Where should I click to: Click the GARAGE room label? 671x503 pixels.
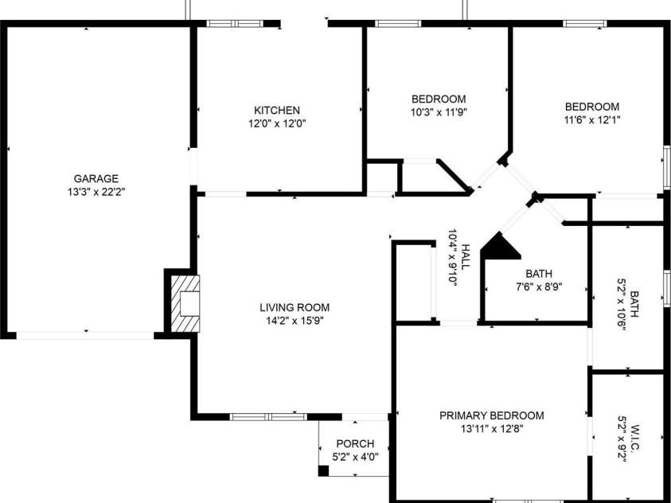(96, 178)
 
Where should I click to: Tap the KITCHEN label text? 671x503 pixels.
(277, 111)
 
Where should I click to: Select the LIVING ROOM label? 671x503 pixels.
(295, 307)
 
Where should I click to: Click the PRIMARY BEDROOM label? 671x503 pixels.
(492, 415)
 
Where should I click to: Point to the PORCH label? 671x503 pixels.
(355, 443)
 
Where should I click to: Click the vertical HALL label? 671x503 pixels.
(465, 256)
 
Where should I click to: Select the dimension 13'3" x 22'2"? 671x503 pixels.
(96, 192)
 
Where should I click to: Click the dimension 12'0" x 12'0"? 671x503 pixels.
(277, 124)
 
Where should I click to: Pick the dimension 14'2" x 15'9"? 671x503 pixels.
(295, 321)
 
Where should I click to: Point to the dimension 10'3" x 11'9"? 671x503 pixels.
(439, 112)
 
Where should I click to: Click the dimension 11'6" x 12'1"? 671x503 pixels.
(592, 119)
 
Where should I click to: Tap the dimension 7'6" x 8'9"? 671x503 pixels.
(539, 287)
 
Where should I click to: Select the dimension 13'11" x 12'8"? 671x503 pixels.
(492, 428)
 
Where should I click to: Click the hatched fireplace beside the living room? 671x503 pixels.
(185, 304)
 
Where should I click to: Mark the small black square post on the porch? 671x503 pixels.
(323, 470)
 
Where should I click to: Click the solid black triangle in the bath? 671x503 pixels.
(500, 247)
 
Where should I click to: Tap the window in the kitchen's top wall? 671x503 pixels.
(235, 24)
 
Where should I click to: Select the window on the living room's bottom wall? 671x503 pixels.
(268, 416)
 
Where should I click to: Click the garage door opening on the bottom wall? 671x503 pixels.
(84, 335)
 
